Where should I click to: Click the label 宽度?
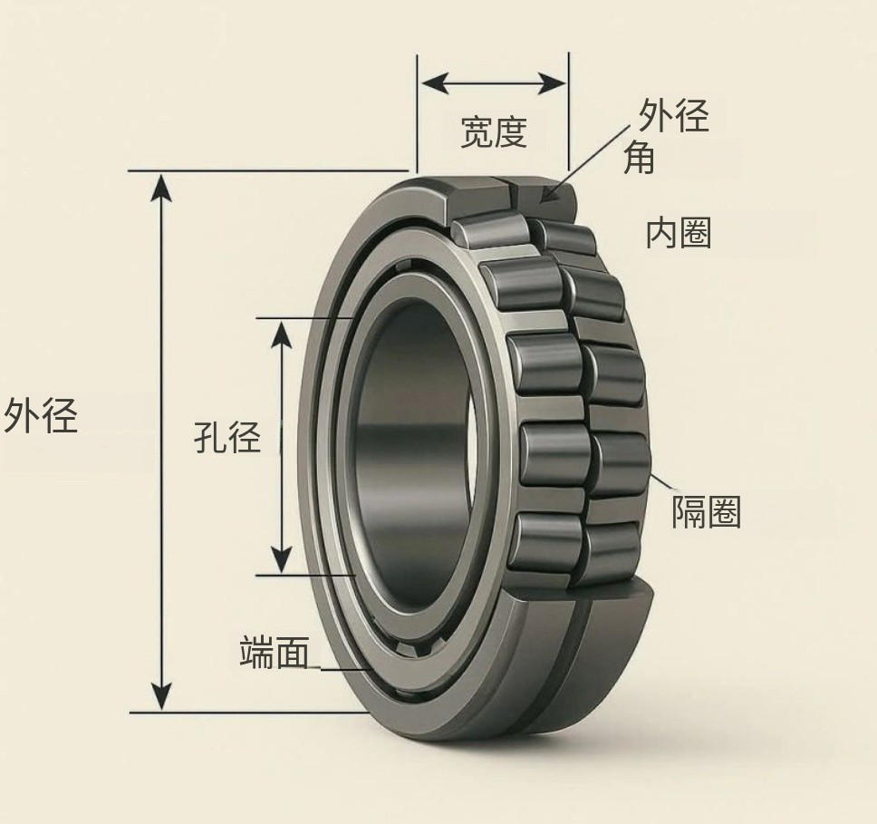pos(494,132)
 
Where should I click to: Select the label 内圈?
pos(679,233)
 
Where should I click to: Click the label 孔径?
pos(227,438)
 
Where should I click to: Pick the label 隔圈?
pos(706,513)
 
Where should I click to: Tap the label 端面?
pos(275,652)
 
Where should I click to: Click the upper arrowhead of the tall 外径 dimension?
pos(161,185)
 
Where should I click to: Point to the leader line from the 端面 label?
pos(340,669)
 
